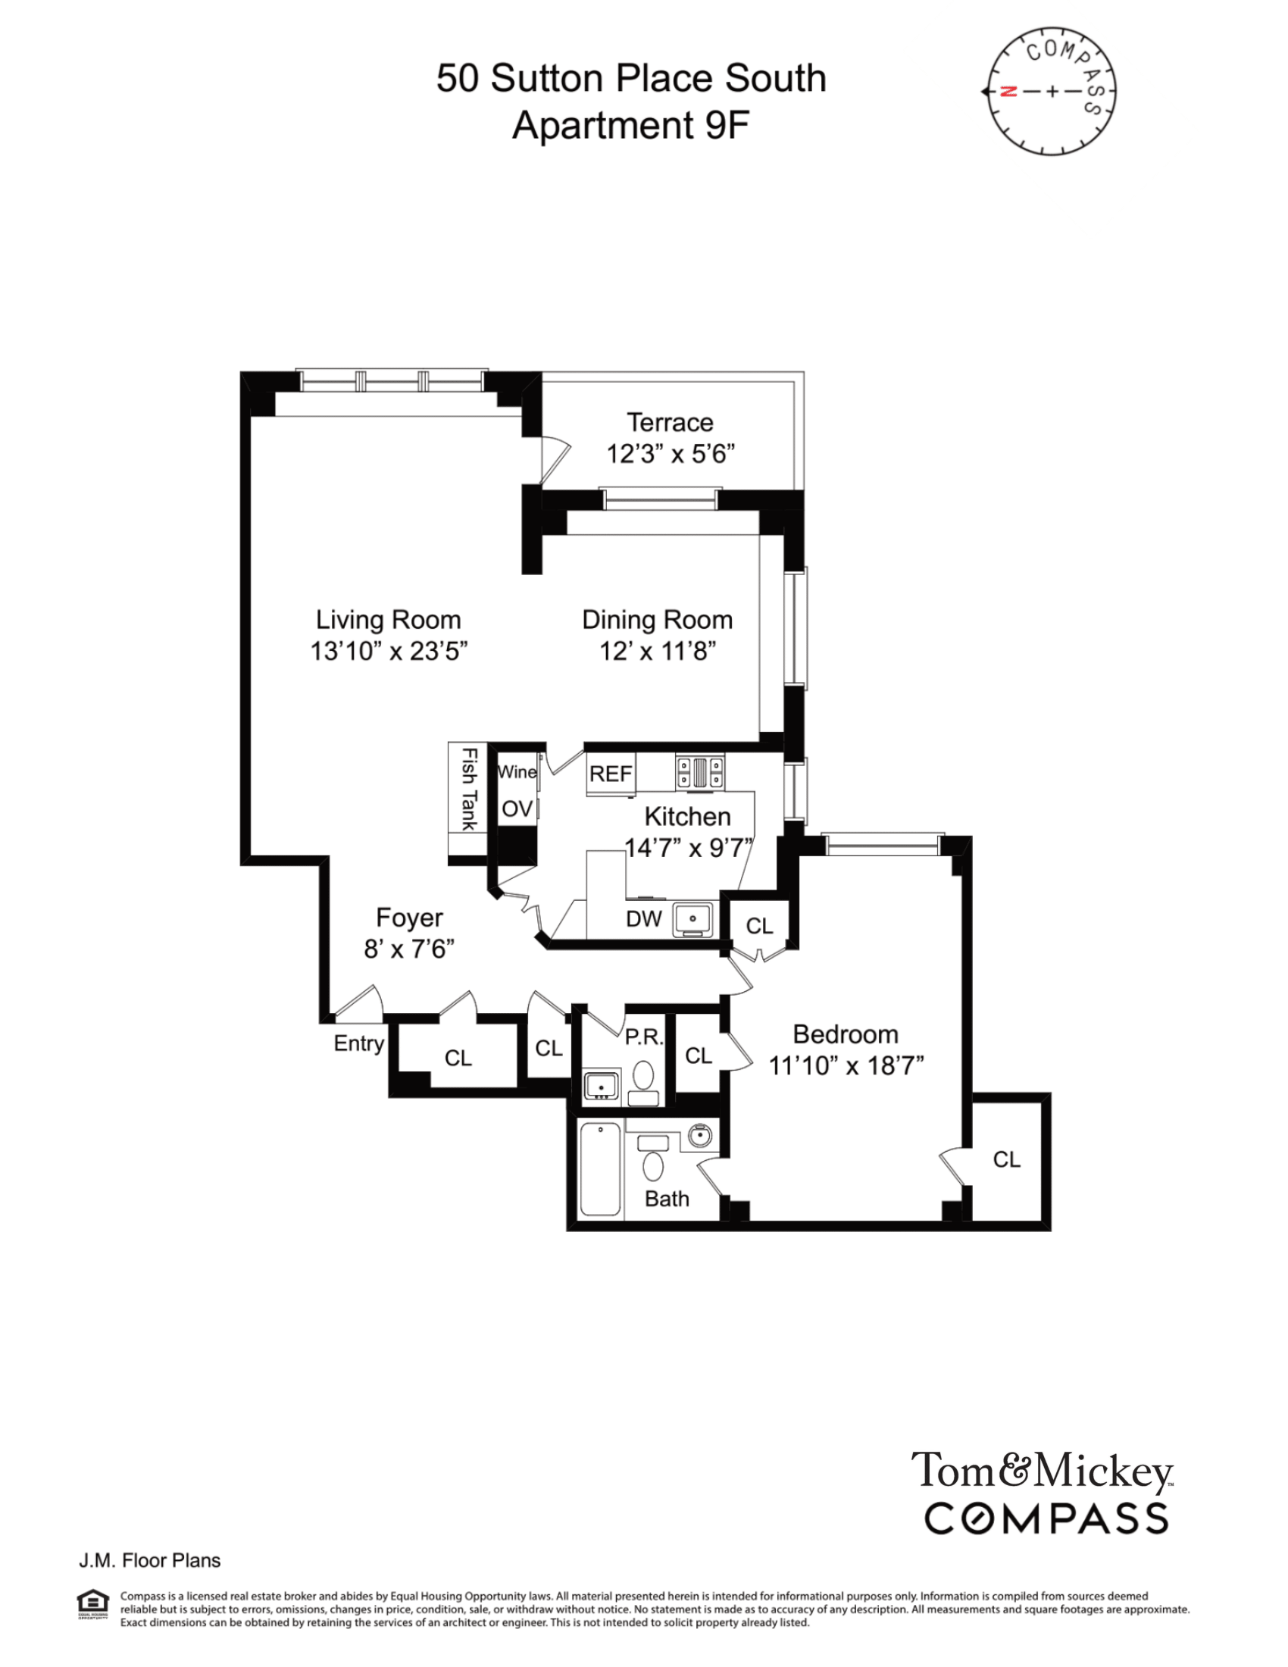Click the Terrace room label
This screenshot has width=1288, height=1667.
[670, 422]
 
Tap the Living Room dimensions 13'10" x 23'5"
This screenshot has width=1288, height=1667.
[389, 651]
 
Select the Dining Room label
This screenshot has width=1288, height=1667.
[657, 620]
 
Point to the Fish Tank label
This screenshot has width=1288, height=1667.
[468, 790]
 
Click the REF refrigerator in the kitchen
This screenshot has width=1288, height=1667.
[611, 774]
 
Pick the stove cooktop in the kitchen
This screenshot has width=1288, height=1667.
[700, 771]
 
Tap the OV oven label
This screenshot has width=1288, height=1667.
[517, 809]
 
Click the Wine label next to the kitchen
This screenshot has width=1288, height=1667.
[517, 771]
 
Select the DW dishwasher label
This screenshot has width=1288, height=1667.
[643, 919]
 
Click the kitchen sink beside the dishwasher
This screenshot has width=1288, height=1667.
[692, 919]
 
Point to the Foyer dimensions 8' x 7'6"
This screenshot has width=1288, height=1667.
[409, 949]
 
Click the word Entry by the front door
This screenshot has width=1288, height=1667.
[358, 1043]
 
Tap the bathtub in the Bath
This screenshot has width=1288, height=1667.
[601, 1168]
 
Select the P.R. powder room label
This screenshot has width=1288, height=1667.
[644, 1037]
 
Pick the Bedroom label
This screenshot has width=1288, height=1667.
[846, 1034]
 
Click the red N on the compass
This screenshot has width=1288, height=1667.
[1008, 92]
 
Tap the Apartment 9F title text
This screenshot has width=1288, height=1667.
[631, 125]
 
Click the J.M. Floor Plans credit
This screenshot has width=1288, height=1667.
[149, 1560]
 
